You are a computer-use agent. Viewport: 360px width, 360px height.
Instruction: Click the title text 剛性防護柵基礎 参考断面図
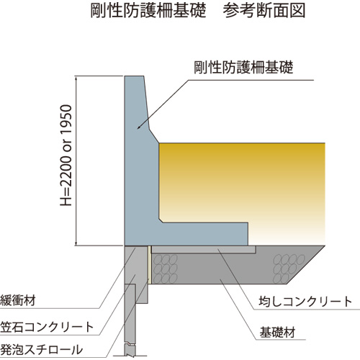tap(198, 11)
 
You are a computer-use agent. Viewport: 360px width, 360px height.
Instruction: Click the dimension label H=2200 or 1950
tap(66, 156)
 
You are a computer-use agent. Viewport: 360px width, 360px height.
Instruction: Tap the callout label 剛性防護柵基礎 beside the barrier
tap(243, 67)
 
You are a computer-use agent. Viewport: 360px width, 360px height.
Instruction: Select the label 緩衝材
tap(18, 300)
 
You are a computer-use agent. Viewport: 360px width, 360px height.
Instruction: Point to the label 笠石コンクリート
tap(47, 327)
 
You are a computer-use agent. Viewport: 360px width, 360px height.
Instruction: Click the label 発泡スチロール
tap(41, 349)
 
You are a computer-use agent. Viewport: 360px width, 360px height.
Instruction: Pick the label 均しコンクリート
tap(305, 302)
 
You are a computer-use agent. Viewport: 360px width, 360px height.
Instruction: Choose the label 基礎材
tap(277, 333)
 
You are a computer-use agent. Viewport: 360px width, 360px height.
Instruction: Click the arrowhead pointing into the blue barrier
tap(140, 127)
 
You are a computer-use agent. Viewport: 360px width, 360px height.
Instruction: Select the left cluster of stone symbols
tap(165, 269)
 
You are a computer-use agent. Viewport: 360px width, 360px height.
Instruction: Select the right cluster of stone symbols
tap(289, 268)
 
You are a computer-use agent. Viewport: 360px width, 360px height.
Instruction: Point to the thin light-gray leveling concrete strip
tap(204, 249)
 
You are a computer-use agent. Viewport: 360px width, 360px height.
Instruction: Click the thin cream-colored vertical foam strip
tap(149, 265)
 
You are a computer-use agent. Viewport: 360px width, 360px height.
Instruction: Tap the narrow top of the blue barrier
tap(135, 78)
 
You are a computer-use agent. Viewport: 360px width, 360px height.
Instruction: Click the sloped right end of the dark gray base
tap(306, 265)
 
